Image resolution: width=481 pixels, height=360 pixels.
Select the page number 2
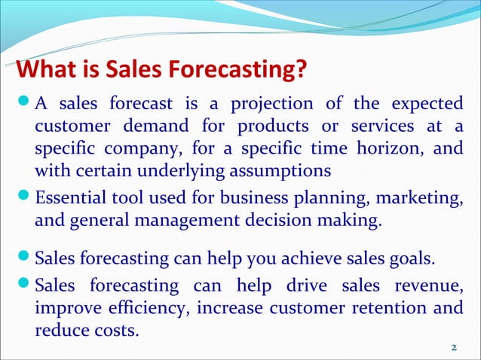453,347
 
